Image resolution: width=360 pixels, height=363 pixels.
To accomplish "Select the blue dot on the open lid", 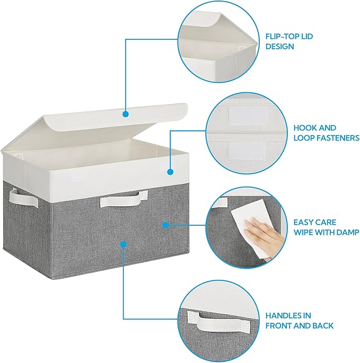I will (x=125, y=113).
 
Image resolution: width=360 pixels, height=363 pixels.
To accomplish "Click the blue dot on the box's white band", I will (x=170, y=172).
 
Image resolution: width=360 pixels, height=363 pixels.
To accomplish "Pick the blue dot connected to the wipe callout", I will (x=165, y=225).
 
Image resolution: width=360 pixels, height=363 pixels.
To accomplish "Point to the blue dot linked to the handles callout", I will (x=124, y=244).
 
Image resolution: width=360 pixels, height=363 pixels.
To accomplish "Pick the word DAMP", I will (x=348, y=232).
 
